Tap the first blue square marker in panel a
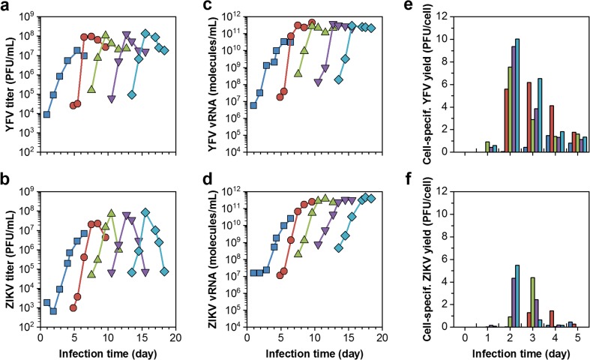pyautogui.click(x=46, y=115)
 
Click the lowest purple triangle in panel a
pyautogui.click(x=111, y=100)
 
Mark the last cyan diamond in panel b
pyautogui.click(x=163, y=271)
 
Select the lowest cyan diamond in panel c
pyautogui.click(x=339, y=79)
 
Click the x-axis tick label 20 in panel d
pyautogui.click(x=382, y=338)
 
